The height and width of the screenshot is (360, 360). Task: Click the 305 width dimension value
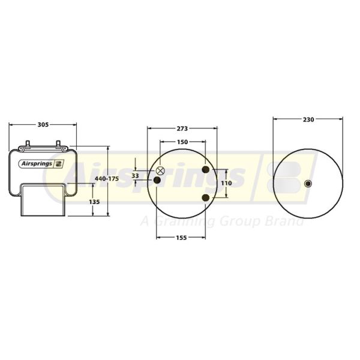[x=43, y=125]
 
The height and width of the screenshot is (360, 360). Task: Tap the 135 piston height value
[x=94, y=202]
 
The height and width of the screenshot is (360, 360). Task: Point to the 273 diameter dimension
[x=182, y=128]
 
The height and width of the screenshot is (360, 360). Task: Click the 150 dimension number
[x=182, y=142]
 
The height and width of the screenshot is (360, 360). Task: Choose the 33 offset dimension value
[x=135, y=176]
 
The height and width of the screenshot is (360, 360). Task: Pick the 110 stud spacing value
[x=226, y=183]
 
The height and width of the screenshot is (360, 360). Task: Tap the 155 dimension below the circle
[x=182, y=238]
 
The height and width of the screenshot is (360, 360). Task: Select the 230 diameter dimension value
[x=308, y=119]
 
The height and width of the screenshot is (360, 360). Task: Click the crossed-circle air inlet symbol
[x=160, y=171]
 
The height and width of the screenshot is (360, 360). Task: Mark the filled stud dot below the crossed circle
[x=157, y=181]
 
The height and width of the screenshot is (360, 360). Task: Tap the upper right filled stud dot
[x=206, y=170]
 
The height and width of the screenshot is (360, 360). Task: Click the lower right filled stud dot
[x=206, y=197]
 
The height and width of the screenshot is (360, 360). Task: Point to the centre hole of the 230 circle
[x=308, y=184]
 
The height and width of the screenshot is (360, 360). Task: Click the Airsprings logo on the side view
[x=42, y=163]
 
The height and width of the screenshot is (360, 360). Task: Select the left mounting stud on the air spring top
[x=27, y=145]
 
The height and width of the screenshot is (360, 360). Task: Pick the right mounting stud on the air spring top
[x=58, y=145]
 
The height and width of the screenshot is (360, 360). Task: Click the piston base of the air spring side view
[x=43, y=200]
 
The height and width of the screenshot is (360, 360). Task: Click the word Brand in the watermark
[x=287, y=222]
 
